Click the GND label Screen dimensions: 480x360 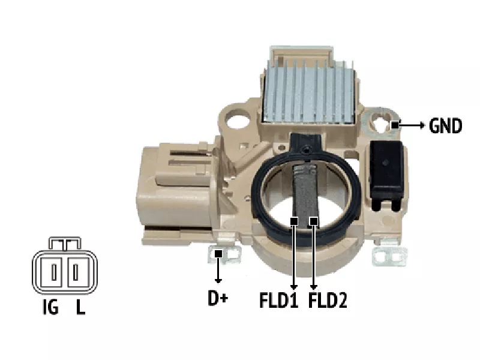(x=445, y=125)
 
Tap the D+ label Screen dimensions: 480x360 (x=218, y=298)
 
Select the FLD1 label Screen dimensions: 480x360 (x=278, y=301)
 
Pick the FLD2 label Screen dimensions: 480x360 (x=328, y=301)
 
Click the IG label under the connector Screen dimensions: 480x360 (x=50, y=307)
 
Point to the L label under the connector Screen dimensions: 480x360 (x=80, y=307)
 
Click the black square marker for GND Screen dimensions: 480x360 (x=395, y=125)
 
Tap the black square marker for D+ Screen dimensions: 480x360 (x=218, y=254)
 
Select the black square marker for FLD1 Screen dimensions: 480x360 (x=294, y=221)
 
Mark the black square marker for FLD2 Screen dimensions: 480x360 (x=313, y=221)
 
